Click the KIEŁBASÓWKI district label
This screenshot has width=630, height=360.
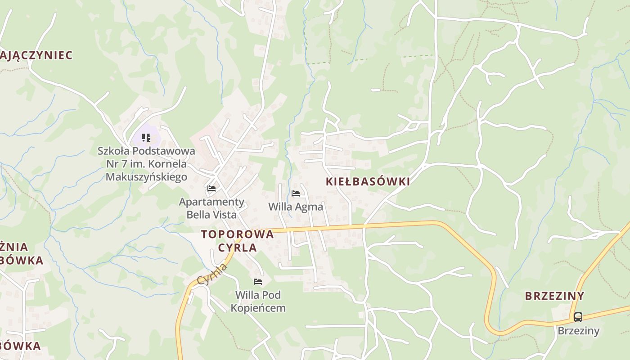point(368,182)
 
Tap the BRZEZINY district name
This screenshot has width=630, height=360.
point(554,296)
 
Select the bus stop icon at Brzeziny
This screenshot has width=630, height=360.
point(578,317)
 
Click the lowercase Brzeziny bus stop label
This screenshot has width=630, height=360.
point(578,331)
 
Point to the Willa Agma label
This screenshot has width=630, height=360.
point(296,207)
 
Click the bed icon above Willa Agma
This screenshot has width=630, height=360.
point(296,193)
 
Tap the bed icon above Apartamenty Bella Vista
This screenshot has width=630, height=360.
point(211,188)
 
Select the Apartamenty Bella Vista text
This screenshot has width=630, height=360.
point(211,208)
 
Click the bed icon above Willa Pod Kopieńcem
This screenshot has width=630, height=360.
point(258,282)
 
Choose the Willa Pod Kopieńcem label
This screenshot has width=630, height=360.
point(258,301)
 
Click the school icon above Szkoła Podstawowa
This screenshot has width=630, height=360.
point(146,137)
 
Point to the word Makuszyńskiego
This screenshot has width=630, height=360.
point(146,177)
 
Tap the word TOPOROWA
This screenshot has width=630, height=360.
point(237,234)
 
